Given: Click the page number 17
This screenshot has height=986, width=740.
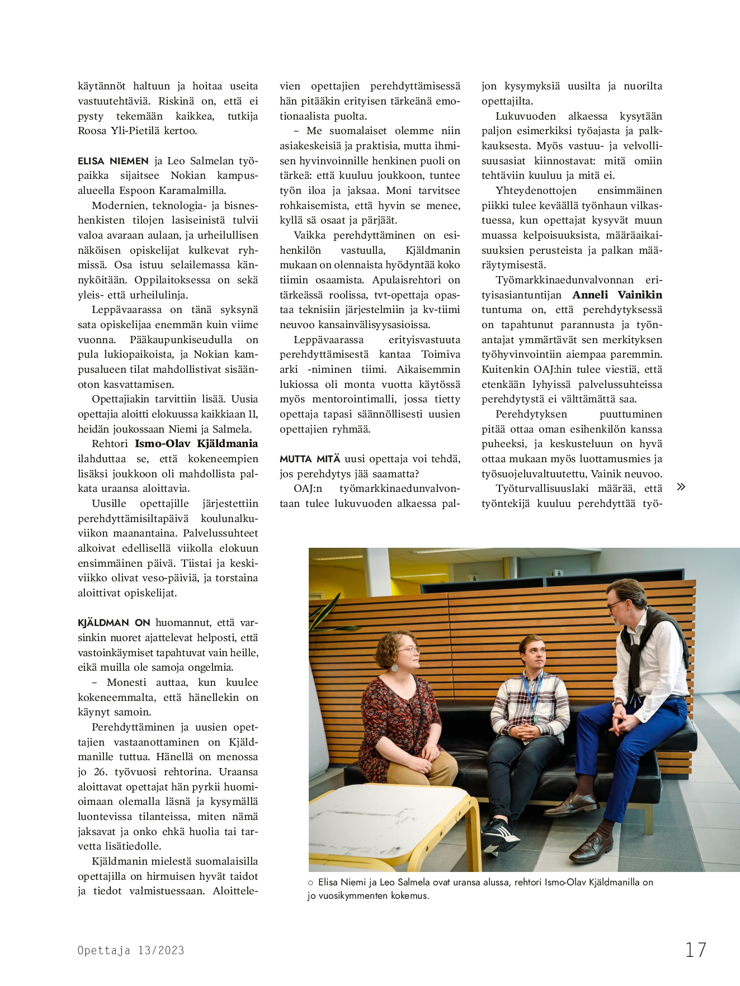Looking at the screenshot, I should tap(696, 950).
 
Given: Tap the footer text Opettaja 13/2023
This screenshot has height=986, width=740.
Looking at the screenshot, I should tap(131, 950).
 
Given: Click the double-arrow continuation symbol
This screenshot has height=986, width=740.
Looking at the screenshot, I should tap(681, 486).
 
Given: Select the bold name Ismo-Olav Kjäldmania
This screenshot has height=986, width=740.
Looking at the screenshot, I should tap(196, 444).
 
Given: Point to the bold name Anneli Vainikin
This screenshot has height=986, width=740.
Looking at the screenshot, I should tap(617, 295).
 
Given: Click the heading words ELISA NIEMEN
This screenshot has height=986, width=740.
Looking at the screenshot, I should tap(113, 161).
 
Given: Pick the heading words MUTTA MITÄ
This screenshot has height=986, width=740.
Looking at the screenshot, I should tap(310, 459).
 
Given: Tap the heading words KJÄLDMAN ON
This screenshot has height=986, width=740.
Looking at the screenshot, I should tap(114, 623).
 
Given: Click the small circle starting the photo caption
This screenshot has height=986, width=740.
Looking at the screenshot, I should tap(310, 883).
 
